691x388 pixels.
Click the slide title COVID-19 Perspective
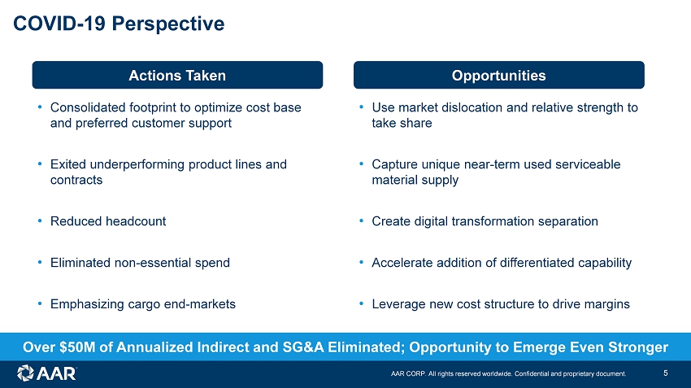119,24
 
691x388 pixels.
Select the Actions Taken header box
177,75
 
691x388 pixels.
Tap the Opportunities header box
499,75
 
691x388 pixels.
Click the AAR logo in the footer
46,373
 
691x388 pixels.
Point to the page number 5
666,373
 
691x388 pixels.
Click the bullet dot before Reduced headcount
40,220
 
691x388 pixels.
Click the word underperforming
137,164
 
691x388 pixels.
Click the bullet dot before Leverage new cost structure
362,303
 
